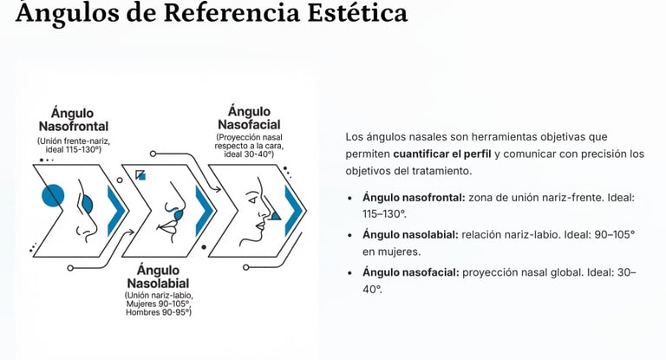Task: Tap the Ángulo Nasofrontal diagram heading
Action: (x=73, y=120)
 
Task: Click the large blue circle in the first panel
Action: (x=54, y=195)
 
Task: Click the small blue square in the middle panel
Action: (x=140, y=175)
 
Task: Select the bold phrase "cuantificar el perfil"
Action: (x=441, y=154)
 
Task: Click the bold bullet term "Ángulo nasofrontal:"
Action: (x=414, y=198)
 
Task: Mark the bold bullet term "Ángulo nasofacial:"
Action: (x=409, y=272)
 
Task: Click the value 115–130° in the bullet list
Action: (x=383, y=213)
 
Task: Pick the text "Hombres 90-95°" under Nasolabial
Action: (x=159, y=311)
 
